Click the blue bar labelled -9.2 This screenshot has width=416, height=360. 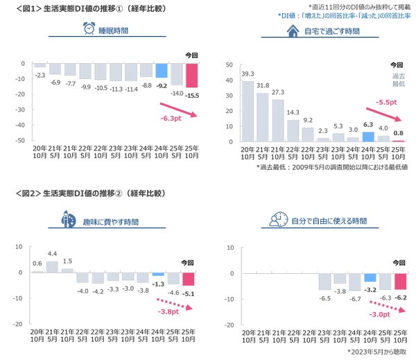(x=161, y=70)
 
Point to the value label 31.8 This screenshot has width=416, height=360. (x=263, y=86)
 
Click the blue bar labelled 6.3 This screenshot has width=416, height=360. (x=369, y=136)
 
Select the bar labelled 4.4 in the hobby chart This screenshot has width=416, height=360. (x=53, y=266)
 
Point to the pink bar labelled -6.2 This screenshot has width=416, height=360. (x=400, y=280)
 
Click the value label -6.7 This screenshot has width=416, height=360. (x=354, y=299)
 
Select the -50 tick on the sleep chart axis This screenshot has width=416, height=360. (x=20, y=140)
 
